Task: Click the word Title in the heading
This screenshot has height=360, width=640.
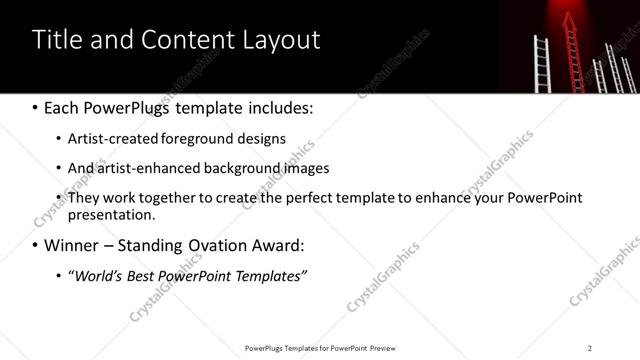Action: point(56,40)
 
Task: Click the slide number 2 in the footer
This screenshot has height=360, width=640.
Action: point(590,348)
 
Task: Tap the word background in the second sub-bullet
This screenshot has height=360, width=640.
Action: point(236,168)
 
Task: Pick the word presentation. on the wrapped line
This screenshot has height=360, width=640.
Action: point(112,214)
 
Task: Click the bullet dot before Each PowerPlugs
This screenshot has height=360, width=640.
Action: point(35,107)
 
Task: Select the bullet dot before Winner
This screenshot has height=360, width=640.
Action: point(35,246)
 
